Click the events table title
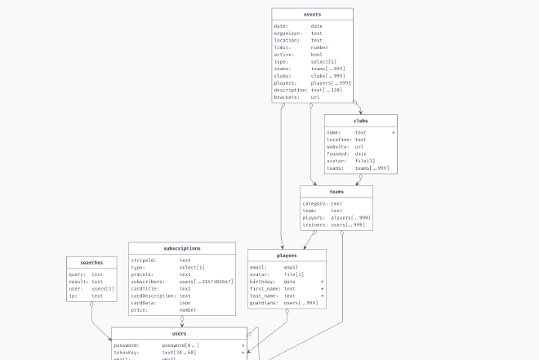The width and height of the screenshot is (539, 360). pos(312,15)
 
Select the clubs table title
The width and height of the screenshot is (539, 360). pos(360,121)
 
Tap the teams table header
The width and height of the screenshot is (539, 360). pos(336,192)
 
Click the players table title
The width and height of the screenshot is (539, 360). pos(286,256)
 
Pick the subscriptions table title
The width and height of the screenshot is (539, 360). pos(181,248)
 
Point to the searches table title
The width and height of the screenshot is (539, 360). pos(91,263)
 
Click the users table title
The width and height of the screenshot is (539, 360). pos(179,334)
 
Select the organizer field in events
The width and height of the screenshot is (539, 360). pos(288,33)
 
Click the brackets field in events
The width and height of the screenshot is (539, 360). pos(288,97)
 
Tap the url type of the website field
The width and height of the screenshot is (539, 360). pos(359,147)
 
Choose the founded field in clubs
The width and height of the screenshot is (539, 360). pos(337,154)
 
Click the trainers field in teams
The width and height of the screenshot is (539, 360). pos(315,224)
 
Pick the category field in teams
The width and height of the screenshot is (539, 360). pos(315,203)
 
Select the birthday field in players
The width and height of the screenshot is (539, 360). pos(264,282)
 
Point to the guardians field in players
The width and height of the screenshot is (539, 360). pos(265,303)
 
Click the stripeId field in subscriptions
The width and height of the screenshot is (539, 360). pos(144,260)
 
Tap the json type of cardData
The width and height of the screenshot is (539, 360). pos(185,303)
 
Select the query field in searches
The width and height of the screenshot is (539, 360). pos(77,274)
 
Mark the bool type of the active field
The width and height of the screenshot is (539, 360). pos(316,55)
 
